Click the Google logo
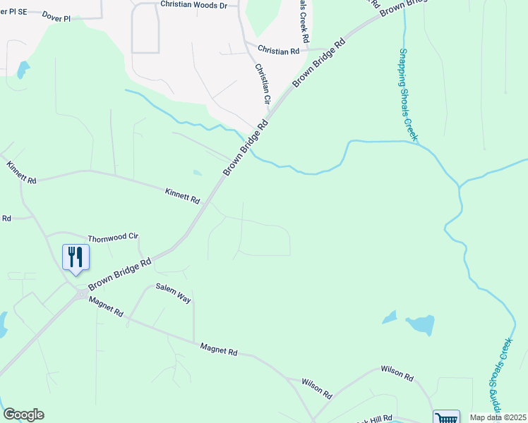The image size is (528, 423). [x=23, y=415]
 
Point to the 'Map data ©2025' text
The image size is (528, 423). [x=498, y=417]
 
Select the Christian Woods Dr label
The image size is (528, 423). [x=194, y=4]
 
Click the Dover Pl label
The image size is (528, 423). [x=56, y=16]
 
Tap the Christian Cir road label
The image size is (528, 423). [x=263, y=83]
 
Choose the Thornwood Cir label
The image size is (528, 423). [x=112, y=238]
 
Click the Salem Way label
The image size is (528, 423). [x=174, y=294]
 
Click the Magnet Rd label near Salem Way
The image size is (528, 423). [x=106, y=307]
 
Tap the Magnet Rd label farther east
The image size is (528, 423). [x=218, y=348]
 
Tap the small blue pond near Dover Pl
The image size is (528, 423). [x=23, y=70]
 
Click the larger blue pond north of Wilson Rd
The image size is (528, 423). [x=420, y=324]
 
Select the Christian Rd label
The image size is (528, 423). [x=279, y=50]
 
